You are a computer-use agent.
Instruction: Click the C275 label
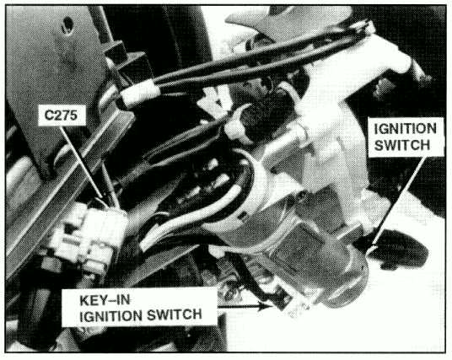(x=62, y=115)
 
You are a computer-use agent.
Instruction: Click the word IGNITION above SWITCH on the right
(x=406, y=128)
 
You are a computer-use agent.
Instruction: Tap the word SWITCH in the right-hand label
(x=402, y=145)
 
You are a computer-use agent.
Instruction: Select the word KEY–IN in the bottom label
(x=105, y=300)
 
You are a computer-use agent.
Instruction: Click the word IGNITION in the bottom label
(x=111, y=316)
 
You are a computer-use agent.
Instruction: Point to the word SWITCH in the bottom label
(x=174, y=314)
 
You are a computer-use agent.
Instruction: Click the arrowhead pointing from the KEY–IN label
(x=265, y=306)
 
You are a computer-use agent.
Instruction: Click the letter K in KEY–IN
(x=83, y=300)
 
